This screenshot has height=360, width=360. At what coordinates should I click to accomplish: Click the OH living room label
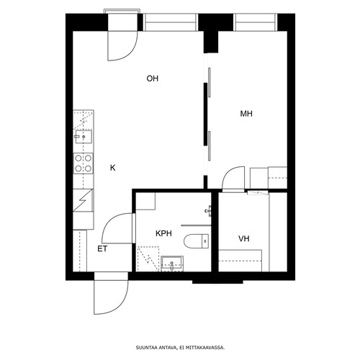pyautogui.click(x=153, y=78)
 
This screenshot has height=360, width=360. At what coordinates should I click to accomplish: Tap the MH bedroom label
pyautogui.click(x=246, y=114)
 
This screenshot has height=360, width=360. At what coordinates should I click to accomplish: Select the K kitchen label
pyautogui.click(x=112, y=168)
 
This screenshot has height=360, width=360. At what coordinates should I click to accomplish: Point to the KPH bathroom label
pyautogui.click(x=163, y=233)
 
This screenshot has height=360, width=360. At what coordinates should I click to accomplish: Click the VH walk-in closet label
pyautogui.click(x=244, y=238)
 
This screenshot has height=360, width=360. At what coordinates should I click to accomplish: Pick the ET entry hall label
pyautogui.click(x=102, y=249)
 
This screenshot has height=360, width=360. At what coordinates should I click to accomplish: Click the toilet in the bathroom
pyautogui.click(x=197, y=240)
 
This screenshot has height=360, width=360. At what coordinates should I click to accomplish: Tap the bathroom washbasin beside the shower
pyautogui.click(x=172, y=264)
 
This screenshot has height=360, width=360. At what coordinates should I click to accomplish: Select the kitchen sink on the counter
pyautogui.click(x=84, y=137)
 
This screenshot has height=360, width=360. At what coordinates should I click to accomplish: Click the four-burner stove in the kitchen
pyautogui.click(x=83, y=163)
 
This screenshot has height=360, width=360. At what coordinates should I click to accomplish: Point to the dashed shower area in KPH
pyautogui.click(x=148, y=259)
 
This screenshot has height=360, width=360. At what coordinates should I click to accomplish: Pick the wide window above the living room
pyautogui.click(x=171, y=22)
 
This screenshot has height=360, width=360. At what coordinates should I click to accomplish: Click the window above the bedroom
pyautogui.click(x=255, y=22)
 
